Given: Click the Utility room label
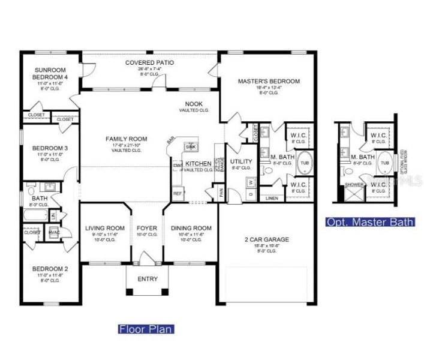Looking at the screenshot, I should click(241, 162).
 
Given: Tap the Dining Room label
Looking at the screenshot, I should click(191, 228).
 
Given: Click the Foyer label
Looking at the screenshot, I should click(147, 228).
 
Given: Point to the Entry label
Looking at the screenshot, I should click(148, 279).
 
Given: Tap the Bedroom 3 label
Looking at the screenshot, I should click(46, 148).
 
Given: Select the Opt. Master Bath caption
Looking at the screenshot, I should click(370, 222).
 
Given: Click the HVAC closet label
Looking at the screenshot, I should click(53, 232).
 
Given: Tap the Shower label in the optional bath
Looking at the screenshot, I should click(354, 185).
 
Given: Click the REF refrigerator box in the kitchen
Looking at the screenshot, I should click(178, 194).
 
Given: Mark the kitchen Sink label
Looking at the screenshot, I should click(191, 146).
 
